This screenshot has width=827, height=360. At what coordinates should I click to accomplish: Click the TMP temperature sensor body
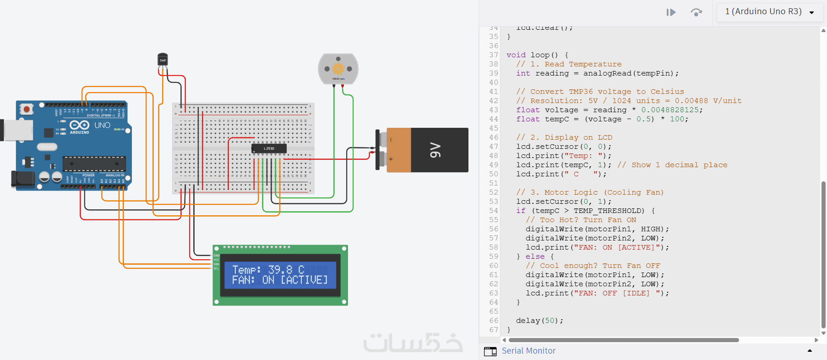click(163, 60)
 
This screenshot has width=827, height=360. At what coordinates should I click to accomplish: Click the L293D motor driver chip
click(269, 148)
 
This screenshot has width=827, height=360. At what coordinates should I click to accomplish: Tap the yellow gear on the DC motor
click(338, 69)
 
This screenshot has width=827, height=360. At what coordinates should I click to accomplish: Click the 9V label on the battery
click(435, 150)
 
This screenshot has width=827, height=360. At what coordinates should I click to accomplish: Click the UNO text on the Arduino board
click(102, 125)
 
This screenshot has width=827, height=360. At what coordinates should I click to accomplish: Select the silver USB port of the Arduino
click(17, 130)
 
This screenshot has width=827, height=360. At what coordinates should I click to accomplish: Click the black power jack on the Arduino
click(23, 179)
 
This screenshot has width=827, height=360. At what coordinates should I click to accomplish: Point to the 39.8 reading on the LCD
click(280, 270)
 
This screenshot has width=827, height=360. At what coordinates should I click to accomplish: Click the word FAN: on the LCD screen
click(243, 280)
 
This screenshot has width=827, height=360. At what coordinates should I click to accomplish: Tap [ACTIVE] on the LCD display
click(304, 280)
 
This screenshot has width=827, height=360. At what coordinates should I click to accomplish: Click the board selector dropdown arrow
click(812, 12)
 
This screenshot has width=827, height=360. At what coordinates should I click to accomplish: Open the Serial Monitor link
click(528, 351)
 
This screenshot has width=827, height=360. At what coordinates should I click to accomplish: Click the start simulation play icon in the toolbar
click(671, 12)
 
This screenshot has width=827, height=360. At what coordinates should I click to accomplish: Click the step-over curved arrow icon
click(696, 12)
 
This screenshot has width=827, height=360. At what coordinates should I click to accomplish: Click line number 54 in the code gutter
click(493, 211)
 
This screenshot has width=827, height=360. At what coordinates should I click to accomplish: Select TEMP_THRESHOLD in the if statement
click(609, 211)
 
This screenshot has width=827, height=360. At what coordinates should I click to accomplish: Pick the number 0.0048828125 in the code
click(670, 110)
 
